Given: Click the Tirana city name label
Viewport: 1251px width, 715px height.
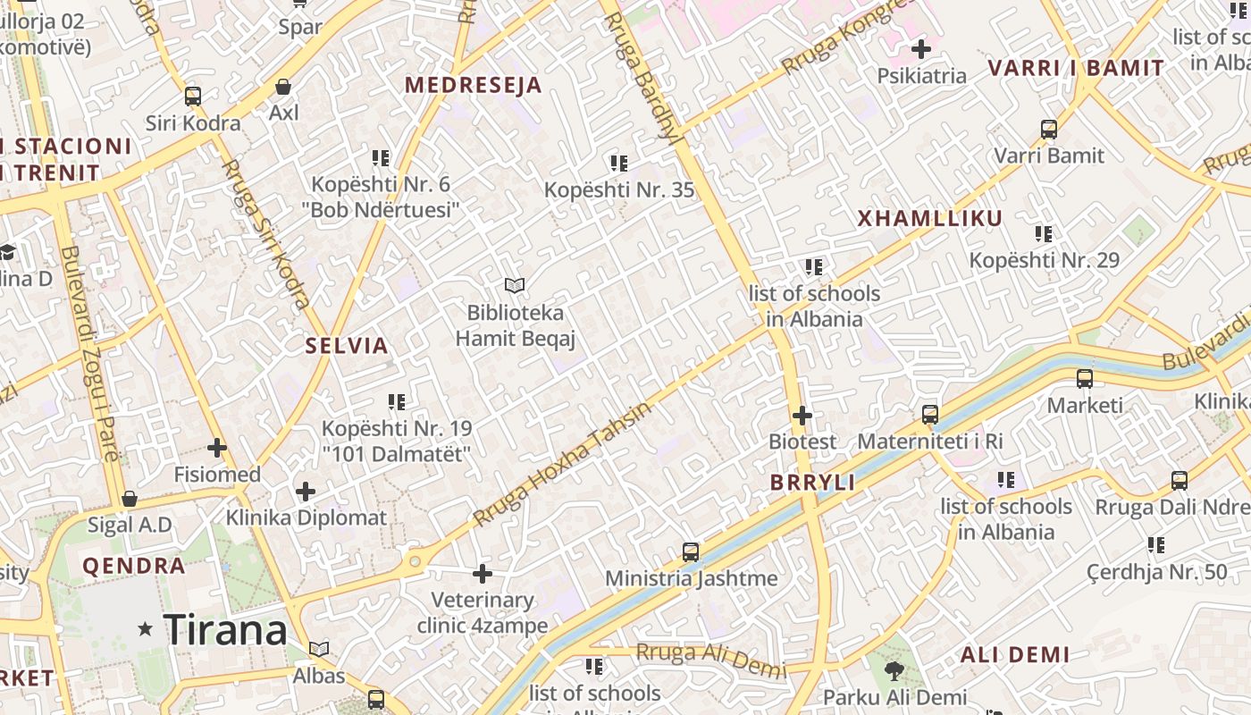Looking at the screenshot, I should click(x=225, y=630).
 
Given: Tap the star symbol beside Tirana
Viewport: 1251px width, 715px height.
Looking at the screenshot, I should click(x=146, y=629).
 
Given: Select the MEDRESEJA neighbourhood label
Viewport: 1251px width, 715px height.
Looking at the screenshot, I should click(x=474, y=85).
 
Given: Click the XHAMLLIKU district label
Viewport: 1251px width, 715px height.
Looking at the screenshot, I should click(x=930, y=219).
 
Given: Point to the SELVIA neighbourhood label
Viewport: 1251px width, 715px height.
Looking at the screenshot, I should click(x=347, y=346).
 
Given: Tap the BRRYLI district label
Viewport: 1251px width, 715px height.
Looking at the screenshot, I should click(x=813, y=483).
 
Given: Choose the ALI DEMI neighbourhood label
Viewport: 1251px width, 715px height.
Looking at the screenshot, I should click(x=1015, y=655).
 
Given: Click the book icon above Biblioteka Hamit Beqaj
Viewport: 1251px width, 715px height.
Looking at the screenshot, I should click(x=515, y=286).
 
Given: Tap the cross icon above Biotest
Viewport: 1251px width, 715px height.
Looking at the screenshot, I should click(x=802, y=416).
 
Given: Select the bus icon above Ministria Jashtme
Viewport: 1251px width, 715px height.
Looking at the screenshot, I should click(x=691, y=552).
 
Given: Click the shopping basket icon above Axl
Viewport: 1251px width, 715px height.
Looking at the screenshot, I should click(x=283, y=87).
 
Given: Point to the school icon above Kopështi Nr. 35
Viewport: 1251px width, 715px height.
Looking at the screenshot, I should click(x=619, y=164).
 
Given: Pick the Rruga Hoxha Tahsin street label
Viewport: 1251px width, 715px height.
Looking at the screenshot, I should click(x=562, y=463).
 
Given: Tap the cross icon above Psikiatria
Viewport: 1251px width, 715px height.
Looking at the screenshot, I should click(x=921, y=49).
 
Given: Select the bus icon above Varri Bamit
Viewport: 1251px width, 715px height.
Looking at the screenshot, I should click(x=1049, y=130).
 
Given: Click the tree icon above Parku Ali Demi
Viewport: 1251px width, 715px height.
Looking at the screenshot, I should click(x=894, y=670).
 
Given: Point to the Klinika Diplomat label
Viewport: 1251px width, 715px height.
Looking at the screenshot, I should click(x=306, y=517).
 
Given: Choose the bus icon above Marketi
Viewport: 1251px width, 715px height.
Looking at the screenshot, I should click(x=1085, y=379).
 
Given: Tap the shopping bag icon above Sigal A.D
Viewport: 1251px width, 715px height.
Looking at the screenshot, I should click(x=130, y=499).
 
